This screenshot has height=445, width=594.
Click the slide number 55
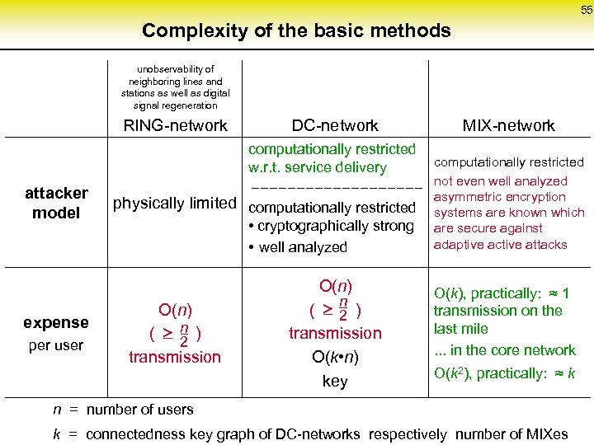(586, 10)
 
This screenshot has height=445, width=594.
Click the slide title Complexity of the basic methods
(296, 31)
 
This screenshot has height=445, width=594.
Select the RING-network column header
(175, 126)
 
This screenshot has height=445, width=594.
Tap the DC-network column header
(335, 126)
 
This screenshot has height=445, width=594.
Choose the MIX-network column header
(508, 126)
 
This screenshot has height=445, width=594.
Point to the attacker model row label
(56, 203)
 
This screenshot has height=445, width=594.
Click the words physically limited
(175, 204)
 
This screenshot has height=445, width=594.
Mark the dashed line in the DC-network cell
(335, 188)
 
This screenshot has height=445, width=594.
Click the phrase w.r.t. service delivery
(318, 167)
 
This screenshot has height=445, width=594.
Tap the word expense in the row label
(56, 322)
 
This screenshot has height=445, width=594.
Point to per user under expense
(56, 345)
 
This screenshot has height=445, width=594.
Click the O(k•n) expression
(335, 358)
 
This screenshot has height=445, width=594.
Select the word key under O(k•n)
(335, 382)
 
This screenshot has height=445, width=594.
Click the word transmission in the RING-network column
(175, 357)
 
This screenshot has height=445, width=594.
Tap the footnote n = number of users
(124, 410)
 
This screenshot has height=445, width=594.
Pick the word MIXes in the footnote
(540, 433)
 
